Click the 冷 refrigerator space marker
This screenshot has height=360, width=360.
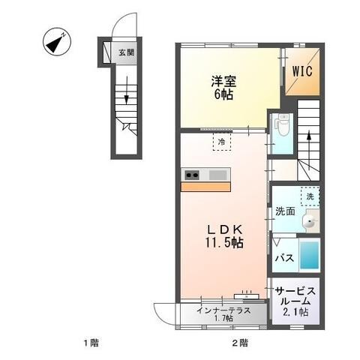click(222, 140)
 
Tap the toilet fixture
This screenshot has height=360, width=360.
click(283, 127)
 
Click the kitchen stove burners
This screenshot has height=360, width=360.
click(192, 176)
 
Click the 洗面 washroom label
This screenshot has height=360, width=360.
click(286, 212)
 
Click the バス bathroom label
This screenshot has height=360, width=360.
click(283, 257)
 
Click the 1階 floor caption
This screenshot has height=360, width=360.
click(91, 343)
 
